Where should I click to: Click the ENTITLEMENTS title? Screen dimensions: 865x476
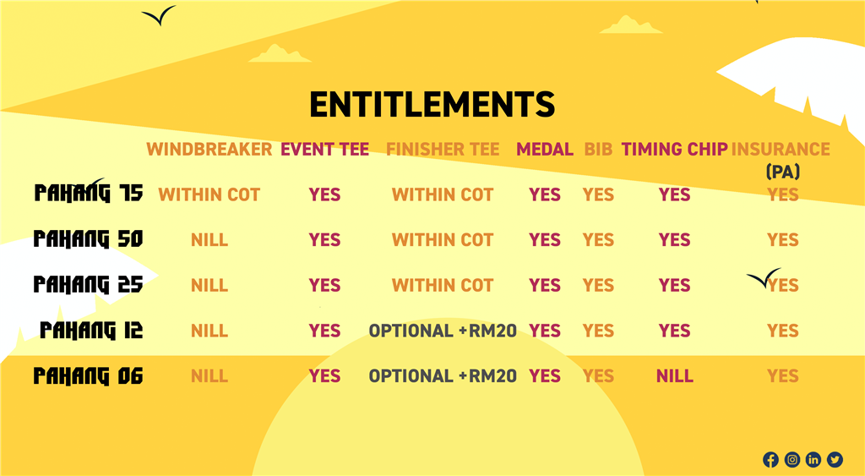pos(432,104)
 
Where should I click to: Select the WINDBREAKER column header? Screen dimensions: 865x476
pos(209,149)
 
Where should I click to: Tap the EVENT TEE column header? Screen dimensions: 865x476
pos(325,149)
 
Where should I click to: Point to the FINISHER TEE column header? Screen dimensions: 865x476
pos(443,149)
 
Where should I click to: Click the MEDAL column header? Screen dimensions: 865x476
pos(545,149)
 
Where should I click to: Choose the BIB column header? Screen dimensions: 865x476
pos(598,149)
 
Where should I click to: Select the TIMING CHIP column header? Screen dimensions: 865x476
pos(674,149)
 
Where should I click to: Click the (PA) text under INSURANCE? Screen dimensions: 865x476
pos(783,172)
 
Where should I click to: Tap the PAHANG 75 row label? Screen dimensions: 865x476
pos(88,194)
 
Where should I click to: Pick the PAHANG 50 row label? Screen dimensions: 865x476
pos(88,239)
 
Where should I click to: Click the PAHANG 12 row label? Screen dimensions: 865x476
pos(91,331)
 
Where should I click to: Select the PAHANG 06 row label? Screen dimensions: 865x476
pos(88,376)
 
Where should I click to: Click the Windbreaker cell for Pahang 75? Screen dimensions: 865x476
pos(209,194)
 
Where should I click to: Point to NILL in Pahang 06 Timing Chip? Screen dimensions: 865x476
pos(674,376)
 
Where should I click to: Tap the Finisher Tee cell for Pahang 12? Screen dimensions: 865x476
pos(443,331)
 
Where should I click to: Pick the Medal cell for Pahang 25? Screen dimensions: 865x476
pos(545,285)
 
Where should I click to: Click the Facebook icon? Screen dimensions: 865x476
pos(770,459)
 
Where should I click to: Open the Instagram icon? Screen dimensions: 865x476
pos(792,459)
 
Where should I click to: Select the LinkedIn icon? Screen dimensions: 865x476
pos(813,459)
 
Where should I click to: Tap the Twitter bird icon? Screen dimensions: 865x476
pos(835,459)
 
